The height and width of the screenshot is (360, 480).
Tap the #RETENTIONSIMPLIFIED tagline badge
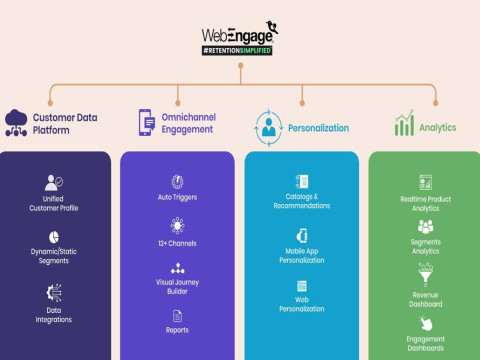[237, 49]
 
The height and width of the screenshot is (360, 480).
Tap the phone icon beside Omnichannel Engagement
[146, 122]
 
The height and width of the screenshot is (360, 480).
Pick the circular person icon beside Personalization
[269, 126]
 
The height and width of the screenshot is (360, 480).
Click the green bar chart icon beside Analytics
[404, 125]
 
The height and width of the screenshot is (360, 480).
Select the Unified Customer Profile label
[54, 203]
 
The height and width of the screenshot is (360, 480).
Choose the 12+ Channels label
[177, 242]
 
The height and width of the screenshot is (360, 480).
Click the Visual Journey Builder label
[177, 286]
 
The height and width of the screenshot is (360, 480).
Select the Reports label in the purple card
[177, 329]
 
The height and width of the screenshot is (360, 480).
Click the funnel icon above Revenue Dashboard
[425, 275]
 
